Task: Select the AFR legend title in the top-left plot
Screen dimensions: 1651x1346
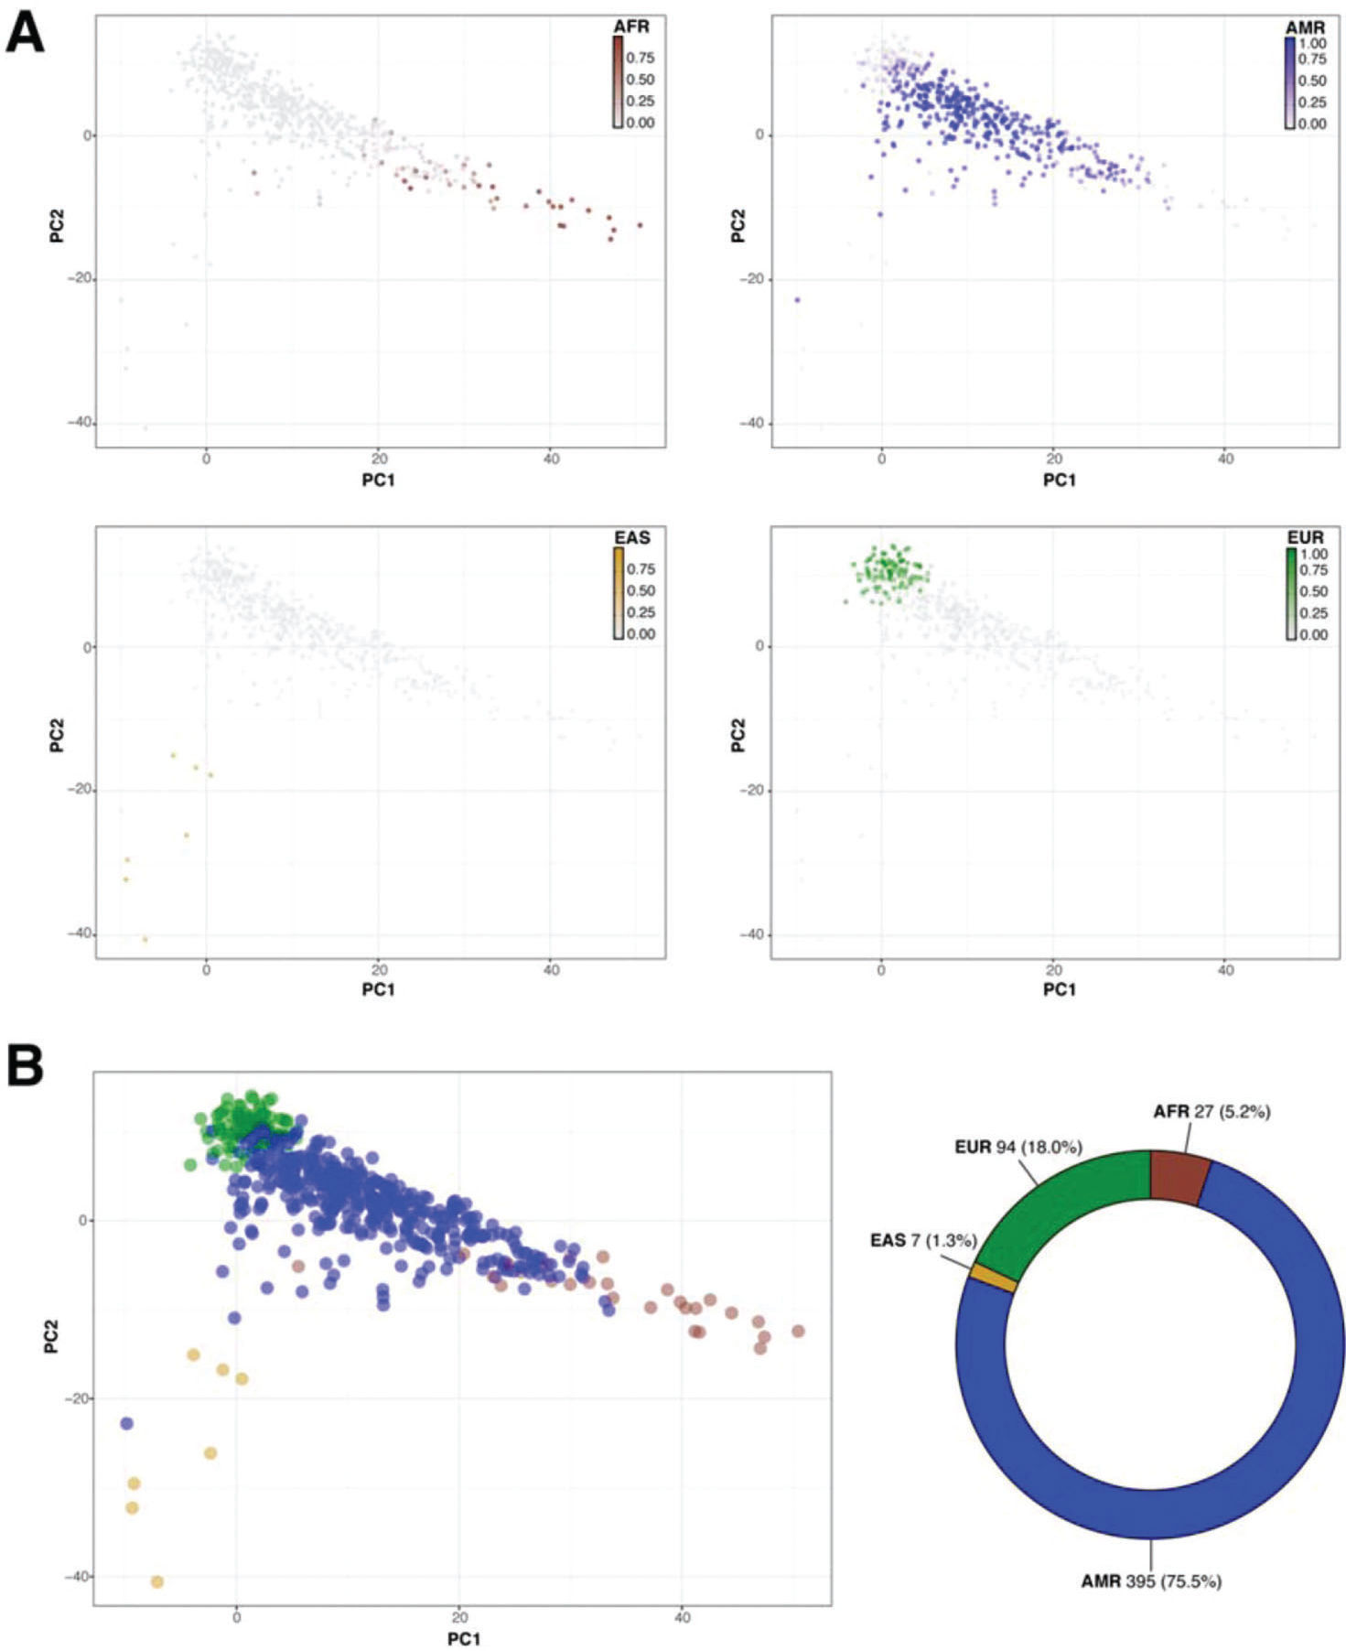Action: (630, 27)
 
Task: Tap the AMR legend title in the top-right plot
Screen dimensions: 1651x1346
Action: (1305, 27)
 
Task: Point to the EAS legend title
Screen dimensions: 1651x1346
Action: (631, 537)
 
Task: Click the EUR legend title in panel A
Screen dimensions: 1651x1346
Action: (1304, 537)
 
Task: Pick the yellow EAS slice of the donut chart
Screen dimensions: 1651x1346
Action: (993, 1278)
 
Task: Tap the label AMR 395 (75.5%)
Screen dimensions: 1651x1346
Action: (1150, 1581)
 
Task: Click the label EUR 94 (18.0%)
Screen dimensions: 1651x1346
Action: (1018, 1147)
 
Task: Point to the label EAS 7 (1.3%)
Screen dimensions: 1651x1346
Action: (922, 1240)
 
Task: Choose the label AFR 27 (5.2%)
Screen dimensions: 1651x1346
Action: (1211, 1111)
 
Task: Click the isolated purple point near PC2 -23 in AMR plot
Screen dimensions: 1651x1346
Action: (797, 299)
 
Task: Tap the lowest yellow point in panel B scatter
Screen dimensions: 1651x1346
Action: (156, 1581)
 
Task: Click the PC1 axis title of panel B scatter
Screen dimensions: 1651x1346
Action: (463, 1638)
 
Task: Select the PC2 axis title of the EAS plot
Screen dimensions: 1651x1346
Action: (57, 738)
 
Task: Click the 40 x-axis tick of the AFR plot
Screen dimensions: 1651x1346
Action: (550, 459)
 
